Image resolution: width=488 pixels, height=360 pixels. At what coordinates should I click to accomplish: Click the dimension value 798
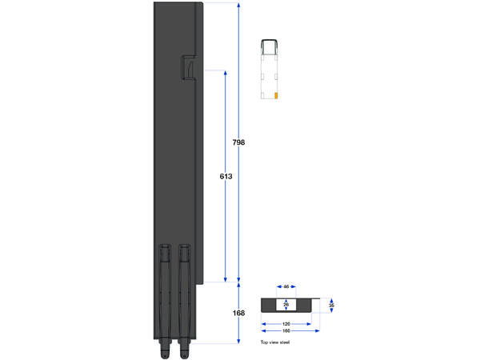pos(238,142)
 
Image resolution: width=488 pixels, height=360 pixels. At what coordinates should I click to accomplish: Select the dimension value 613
pos(226,176)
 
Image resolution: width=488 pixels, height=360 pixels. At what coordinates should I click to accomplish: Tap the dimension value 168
pos(238,313)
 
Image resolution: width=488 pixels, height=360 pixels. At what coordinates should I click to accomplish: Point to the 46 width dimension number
pos(286,286)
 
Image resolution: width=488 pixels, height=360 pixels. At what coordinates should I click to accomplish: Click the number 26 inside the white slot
pos(286,305)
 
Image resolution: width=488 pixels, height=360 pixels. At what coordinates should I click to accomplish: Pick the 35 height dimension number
pos(331,305)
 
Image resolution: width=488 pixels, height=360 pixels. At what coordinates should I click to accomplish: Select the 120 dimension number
pos(286,325)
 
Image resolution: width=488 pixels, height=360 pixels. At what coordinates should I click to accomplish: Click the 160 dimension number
pos(286,331)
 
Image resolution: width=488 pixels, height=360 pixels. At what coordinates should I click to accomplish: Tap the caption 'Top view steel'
pos(275,342)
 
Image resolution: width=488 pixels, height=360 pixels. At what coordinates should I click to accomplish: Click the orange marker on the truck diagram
pos(276,95)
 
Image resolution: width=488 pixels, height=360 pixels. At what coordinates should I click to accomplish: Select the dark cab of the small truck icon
pos(270,44)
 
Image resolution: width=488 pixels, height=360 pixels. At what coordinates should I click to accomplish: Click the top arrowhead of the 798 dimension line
pos(238,5)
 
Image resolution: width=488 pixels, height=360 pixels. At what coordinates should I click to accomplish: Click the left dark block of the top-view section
pos(270,305)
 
